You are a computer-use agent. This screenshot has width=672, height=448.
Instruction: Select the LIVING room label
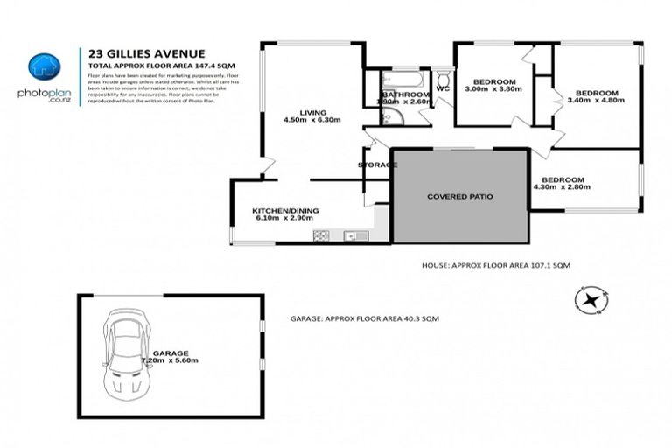tap(312, 113)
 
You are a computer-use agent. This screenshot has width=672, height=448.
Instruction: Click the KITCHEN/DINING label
tap(279, 211)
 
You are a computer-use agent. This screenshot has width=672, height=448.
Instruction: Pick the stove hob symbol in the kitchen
tap(320, 234)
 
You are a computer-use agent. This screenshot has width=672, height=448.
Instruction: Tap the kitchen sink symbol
tap(350, 234)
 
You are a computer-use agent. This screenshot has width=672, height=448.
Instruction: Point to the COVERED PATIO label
tap(460, 197)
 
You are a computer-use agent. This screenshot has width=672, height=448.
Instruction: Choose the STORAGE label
tap(377, 164)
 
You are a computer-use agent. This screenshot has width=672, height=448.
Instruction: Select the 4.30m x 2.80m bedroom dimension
tap(558, 187)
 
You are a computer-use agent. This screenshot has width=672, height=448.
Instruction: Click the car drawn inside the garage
tap(124, 353)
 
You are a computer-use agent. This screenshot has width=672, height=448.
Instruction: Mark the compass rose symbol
tap(591, 300)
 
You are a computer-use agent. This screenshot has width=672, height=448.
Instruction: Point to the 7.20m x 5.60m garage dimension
tap(171, 360)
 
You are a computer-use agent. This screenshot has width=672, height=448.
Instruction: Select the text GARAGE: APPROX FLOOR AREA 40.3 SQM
tap(364, 320)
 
